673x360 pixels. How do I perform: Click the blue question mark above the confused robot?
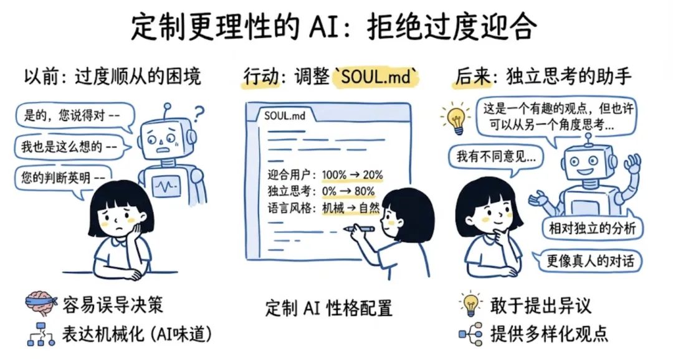pyautogui.click(x=199, y=113)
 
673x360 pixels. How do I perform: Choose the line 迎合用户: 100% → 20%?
pyautogui.click(x=325, y=175)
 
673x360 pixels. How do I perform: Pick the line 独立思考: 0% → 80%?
pyautogui.click(x=321, y=191)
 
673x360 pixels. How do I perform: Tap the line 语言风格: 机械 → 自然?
pyautogui.click(x=323, y=208)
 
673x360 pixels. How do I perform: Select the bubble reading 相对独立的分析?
pyautogui.click(x=591, y=229)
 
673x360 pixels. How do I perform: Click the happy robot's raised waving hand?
pyautogui.click(x=632, y=166)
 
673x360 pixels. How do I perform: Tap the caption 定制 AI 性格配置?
pyautogui.click(x=328, y=307)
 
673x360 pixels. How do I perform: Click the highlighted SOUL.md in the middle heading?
pyautogui.click(x=376, y=77)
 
